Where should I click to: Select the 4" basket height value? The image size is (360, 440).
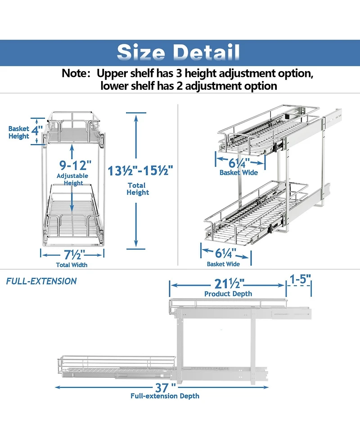tap(37, 131)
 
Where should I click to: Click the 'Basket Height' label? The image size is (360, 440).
tap(19, 132)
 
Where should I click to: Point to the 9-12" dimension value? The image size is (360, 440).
tap(76, 165)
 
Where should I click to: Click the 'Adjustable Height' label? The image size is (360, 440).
tap(72, 179)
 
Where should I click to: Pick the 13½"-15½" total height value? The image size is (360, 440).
tap(140, 171)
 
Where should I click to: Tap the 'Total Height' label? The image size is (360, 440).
tap(138, 189)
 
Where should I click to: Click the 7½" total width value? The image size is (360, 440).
tap(73, 255)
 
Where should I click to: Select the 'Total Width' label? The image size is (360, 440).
tap(72, 265)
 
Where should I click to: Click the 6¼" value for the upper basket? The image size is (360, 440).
tap(239, 163)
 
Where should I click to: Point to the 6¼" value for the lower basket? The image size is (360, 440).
tap(226, 253)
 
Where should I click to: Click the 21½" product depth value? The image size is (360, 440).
tap(229, 284)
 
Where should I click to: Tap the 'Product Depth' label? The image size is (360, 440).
tap(228, 294)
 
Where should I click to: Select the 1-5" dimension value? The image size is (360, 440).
tap(300, 279)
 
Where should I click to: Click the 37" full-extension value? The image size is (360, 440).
tap(166, 388)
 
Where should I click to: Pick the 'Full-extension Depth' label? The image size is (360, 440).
tap(165, 396)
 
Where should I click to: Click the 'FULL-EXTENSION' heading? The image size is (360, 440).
tap(41, 281)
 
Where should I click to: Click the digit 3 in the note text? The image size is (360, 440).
tap(180, 73)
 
